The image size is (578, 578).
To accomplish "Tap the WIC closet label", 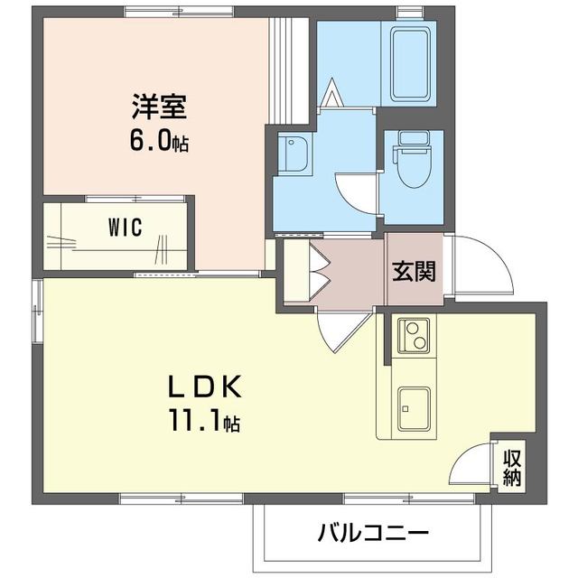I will point(126,228).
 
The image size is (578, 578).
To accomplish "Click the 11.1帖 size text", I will point(204,421).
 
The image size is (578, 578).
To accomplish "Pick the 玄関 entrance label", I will point(414,271).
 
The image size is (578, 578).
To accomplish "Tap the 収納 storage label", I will point(512,468).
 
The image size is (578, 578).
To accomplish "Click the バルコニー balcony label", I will point(372,532).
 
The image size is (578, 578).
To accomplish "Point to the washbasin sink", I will point(295,155).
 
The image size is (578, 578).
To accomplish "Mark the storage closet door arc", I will point(471,469).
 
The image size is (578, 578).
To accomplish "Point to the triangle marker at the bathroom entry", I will point(331,93).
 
